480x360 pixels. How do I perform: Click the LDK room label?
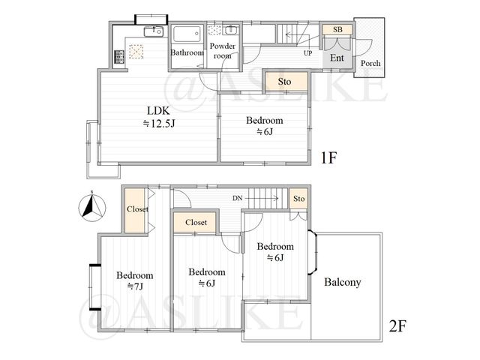point(159,117)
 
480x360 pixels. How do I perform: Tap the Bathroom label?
point(187,52)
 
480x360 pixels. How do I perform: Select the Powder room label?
point(223,51)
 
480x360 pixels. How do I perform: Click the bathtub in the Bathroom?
point(187,33)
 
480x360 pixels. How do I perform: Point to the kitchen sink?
point(154,31)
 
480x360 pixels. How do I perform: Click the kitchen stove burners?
point(119,57)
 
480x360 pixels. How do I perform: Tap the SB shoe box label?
point(337,30)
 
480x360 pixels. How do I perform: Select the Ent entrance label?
point(337,58)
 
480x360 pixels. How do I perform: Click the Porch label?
point(370,63)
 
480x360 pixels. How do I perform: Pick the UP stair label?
point(308,53)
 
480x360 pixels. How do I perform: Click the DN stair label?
point(237,198)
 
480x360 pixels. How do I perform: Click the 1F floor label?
point(328,158)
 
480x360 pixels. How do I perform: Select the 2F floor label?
point(397,326)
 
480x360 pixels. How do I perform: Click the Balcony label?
point(343,282)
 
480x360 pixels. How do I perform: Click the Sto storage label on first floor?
point(284,82)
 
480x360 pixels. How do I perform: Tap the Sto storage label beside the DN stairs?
point(298,199)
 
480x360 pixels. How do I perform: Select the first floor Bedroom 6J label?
point(265,126)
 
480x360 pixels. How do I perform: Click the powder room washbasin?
point(230,30)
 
